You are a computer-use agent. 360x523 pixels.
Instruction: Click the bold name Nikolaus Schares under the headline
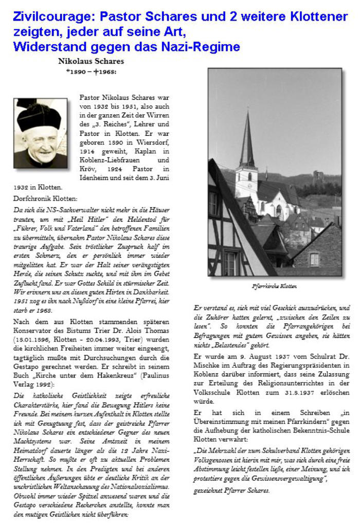coord(92,61)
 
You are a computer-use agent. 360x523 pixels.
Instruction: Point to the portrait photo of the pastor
coord(40,133)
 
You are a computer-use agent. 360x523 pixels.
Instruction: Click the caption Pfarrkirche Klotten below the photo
coord(274,286)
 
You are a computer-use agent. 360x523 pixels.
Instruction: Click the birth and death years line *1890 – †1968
coord(91,71)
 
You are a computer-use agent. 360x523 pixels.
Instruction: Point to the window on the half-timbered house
coord(230,263)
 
